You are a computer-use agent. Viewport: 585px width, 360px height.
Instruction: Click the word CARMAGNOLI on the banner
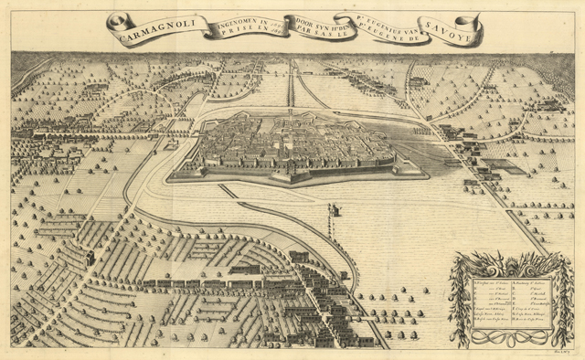click(153, 25)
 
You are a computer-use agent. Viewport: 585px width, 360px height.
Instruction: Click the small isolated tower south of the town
click(335, 212)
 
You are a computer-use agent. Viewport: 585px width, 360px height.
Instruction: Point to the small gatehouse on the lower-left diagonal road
click(90, 259)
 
